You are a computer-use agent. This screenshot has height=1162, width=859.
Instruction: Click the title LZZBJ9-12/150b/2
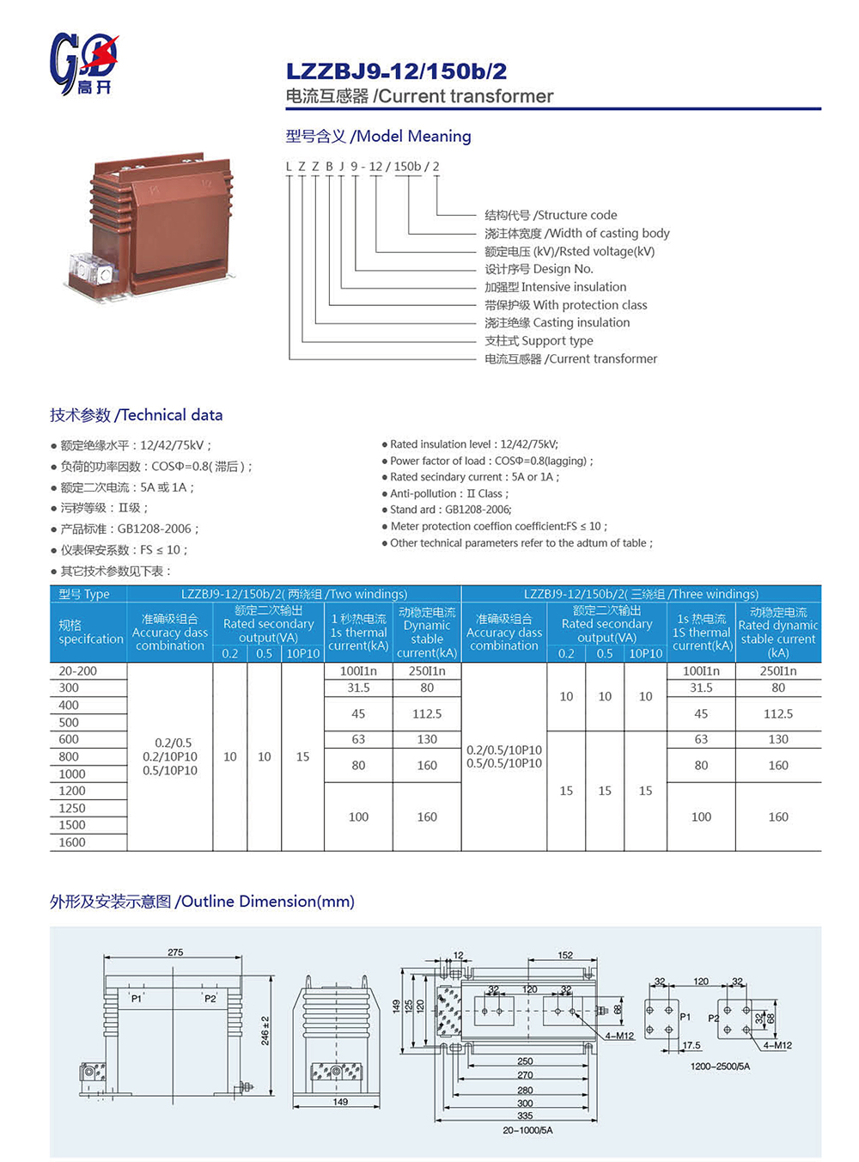[x=396, y=71]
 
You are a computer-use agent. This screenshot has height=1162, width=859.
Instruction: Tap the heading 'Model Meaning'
[x=378, y=136]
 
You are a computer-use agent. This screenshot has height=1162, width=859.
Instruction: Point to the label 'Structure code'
[x=551, y=215]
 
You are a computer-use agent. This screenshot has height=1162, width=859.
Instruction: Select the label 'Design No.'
[x=539, y=269]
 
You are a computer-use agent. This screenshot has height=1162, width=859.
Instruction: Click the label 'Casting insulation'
[x=557, y=322]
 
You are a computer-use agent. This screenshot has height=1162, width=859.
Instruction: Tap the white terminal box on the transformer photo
[x=90, y=269]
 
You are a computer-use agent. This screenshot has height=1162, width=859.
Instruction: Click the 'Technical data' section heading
[x=136, y=415]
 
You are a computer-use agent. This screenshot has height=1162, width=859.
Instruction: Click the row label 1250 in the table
[x=72, y=808]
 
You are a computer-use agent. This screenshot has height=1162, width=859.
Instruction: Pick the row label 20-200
[x=78, y=670]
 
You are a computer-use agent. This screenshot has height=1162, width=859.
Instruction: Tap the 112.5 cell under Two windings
[x=427, y=713]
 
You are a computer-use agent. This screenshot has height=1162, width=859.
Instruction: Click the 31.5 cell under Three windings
[x=701, y=688]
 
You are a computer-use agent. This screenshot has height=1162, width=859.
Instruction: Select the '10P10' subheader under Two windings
[x=302, y=653]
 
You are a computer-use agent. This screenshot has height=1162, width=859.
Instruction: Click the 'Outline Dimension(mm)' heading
[x=202, y=902]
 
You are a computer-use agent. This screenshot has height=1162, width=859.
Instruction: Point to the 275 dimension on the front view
[x=175, y=952]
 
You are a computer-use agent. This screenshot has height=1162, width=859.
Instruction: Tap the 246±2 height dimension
[x=265, y=1031]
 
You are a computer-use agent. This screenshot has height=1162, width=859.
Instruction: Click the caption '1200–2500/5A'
[x=720, y=1067]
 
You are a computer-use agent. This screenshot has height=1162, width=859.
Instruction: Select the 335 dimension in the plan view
[x=525, y=1116]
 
